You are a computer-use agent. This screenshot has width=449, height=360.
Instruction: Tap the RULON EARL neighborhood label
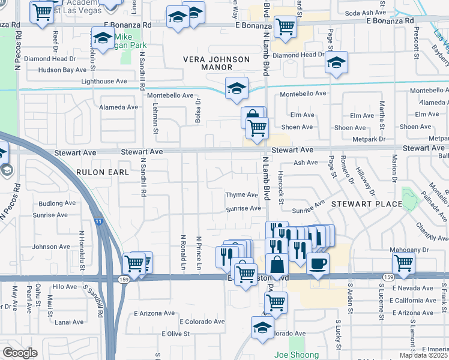(x=103, y=172)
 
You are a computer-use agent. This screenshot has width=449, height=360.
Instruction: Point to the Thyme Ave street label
(x=242, y=195)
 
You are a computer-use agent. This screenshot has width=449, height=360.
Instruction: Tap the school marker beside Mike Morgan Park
(x=103, y=38)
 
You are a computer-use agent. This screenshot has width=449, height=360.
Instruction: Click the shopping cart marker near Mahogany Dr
(x=404, y=262)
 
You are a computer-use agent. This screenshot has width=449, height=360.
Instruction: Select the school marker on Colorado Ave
(x=262, y=328)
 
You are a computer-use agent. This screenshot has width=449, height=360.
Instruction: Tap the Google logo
(x=20, y=353)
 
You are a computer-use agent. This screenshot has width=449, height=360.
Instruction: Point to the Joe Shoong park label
(x=297, y=355)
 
